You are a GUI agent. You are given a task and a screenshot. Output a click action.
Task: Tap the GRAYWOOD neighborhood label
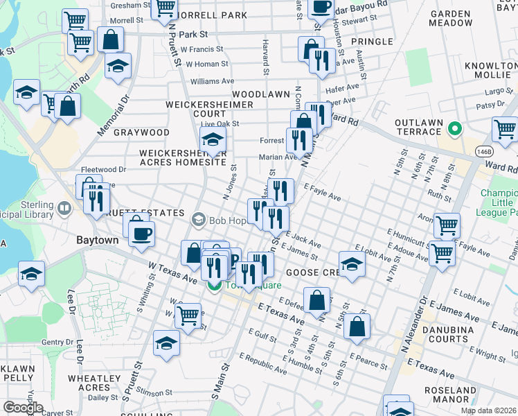[x=141, y=132]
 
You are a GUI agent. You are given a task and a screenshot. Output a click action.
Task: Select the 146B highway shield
[x=483, y=151]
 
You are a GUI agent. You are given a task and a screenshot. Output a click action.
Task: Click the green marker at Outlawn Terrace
[x=455, y=128]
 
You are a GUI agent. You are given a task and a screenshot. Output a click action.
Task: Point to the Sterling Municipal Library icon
[x=64, y=207]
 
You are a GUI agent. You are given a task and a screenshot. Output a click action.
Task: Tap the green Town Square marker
[x=215, y=286]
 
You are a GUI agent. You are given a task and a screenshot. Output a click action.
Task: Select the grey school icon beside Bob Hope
[x=199, y=221]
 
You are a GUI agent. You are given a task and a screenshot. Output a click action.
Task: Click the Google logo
[x=23, y=408]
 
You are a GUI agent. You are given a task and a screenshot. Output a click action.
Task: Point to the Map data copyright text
[x=488, y=410]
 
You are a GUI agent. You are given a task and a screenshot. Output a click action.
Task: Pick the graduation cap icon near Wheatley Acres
[x=166, y=343]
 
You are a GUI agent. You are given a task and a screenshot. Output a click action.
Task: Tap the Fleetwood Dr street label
[x=103, y=168]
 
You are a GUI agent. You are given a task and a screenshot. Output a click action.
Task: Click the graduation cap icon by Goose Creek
[x=352, y=264]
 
